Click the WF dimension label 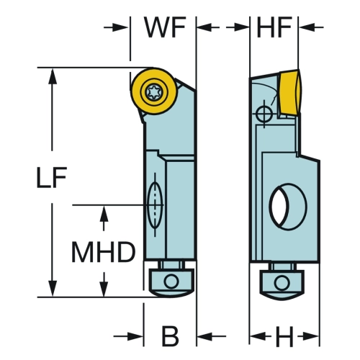166,27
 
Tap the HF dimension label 274,27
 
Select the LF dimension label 51,177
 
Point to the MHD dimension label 104,252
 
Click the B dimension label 171,336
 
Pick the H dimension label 284,336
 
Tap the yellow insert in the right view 290,91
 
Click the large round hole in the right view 288,207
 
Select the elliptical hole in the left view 155,204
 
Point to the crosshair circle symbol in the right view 264,114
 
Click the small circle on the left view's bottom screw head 171,282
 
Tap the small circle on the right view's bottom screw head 282,282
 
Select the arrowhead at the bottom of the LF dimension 53,289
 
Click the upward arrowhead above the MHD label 104,213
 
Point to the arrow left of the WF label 117,27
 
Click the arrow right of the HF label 312,27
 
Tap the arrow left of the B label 128,336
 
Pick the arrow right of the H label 309,336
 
